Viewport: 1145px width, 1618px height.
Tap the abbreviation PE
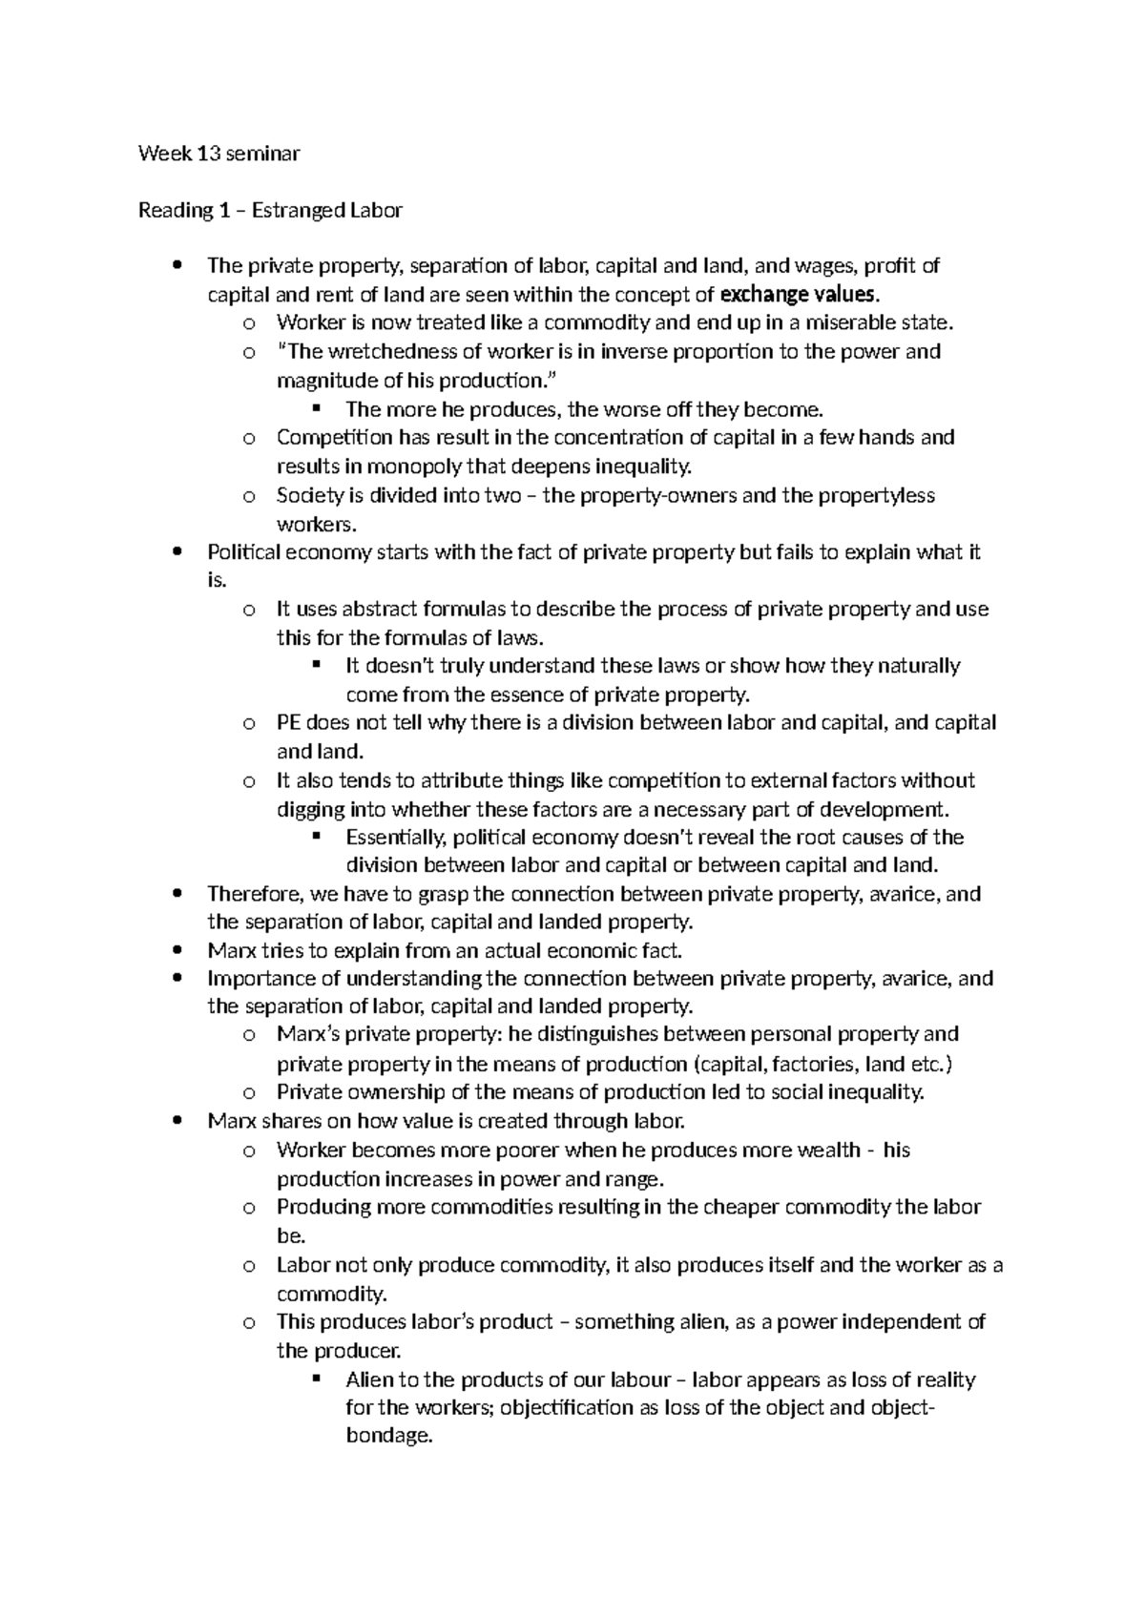tap(288, 722)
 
